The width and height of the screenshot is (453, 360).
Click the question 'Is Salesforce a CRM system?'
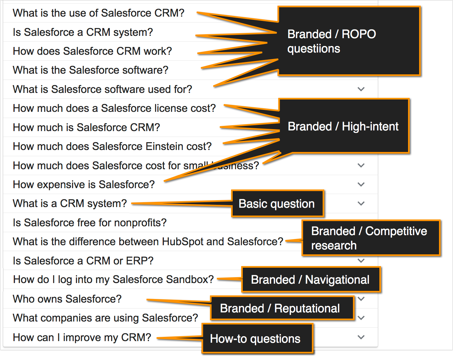83,32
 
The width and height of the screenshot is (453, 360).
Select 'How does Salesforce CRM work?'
92,51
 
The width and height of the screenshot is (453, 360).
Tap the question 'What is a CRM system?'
70,203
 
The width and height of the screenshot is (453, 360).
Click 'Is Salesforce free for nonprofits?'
90,223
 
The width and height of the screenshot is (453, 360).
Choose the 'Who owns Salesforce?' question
67,299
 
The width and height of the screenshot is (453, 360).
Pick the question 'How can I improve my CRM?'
82,337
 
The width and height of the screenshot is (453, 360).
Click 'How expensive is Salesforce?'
83,185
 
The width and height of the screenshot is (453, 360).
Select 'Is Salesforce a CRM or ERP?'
83,261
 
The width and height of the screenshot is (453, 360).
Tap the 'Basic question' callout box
278,203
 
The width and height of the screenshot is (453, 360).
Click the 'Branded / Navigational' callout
311,279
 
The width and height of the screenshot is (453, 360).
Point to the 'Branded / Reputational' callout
282,308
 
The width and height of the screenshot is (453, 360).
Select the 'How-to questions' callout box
257,339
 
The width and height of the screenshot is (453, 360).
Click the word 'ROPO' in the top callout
359,34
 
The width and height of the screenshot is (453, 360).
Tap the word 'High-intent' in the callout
370,127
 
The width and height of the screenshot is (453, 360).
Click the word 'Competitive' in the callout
396,231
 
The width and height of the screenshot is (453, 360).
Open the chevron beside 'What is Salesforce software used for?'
361,89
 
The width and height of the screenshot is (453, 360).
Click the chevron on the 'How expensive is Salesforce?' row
361,185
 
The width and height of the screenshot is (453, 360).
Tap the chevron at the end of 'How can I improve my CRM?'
361,337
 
